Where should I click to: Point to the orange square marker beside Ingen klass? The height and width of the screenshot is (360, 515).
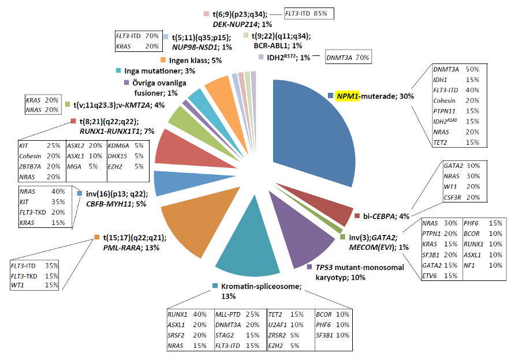tap(163, 60)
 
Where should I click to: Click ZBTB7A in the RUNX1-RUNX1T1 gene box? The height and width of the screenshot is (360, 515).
tap(30, 166)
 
